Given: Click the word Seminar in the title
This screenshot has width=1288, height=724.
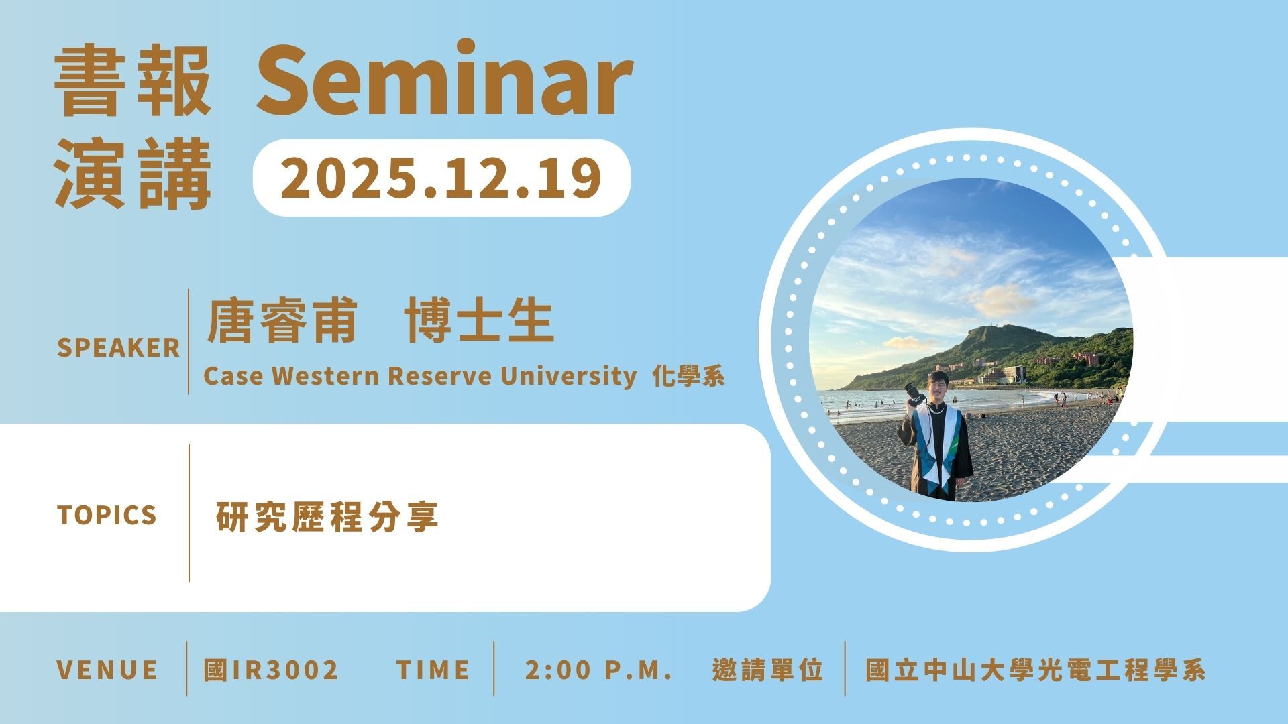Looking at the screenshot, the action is [x=444, y=79].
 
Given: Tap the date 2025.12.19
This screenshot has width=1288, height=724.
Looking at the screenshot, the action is [x=441, y=178].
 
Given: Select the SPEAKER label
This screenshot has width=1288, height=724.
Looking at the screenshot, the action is [x=119, y=348].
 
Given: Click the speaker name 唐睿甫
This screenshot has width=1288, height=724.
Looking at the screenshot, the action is [x=282, y=321].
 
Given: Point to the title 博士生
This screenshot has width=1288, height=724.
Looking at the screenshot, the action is [x=479, y=321].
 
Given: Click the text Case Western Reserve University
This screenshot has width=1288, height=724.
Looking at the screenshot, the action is [x=420, y=376].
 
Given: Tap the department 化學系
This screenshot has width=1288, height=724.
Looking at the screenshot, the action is [x=689, y=377].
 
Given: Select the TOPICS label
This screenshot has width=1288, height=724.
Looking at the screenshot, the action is [x=107, y=515].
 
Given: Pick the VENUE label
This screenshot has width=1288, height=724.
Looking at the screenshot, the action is [x=107, y=670].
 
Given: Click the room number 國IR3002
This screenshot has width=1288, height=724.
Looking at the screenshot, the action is [x=271, y=670].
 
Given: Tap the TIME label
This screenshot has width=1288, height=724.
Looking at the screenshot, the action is [x=433, y=670].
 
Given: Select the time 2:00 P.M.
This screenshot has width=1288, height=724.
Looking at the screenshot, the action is [x=599, y=670].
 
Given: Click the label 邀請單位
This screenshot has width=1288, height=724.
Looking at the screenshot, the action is [x=767, y=670].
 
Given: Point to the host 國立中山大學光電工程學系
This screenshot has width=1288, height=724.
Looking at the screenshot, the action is [x=1036, y=670].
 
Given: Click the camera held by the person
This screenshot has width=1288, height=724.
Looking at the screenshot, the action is [x=914, y=394].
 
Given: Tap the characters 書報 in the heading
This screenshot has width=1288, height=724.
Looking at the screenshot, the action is [x=133, y=80].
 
